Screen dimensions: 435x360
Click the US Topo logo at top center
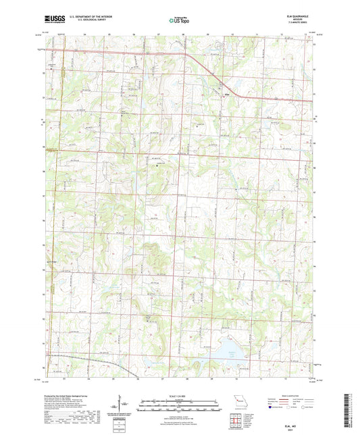(x=179, y=20)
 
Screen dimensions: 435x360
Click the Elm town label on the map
(x=227, y=93)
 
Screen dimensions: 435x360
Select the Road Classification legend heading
(x=290, y=395)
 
